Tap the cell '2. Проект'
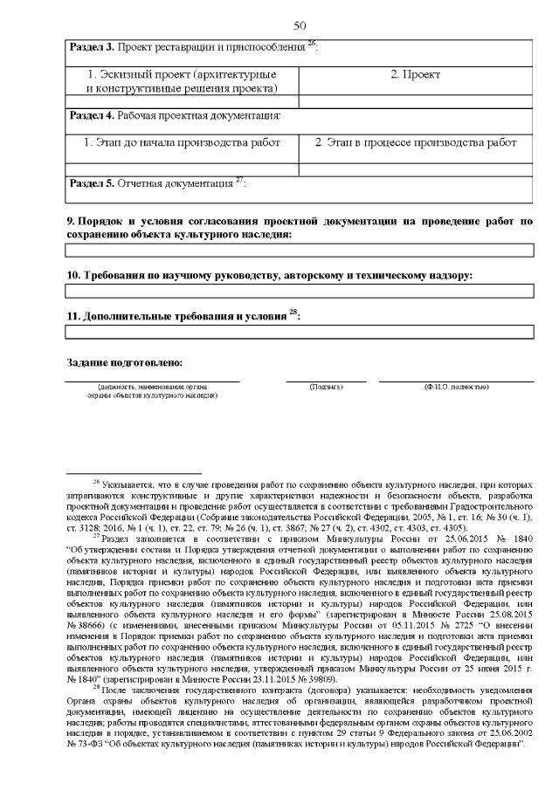415,75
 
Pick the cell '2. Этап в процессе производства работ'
416,141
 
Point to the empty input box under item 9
300,251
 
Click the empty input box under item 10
300,292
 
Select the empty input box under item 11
300,332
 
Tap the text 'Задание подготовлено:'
125,361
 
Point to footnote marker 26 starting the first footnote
96,480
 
